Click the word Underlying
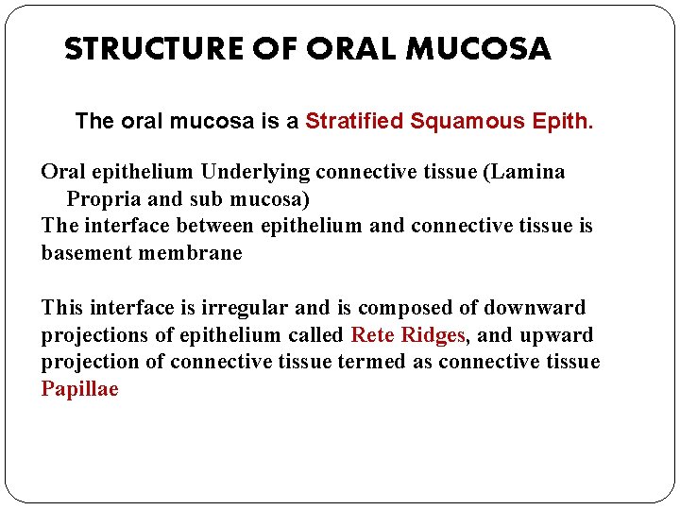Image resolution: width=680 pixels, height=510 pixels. (256, 172)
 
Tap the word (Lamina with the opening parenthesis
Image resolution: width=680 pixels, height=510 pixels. (530, 172)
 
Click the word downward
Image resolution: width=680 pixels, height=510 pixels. (535, 308)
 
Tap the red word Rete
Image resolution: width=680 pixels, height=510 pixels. (373, 335)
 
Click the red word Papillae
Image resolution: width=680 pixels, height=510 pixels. (79, 389)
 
